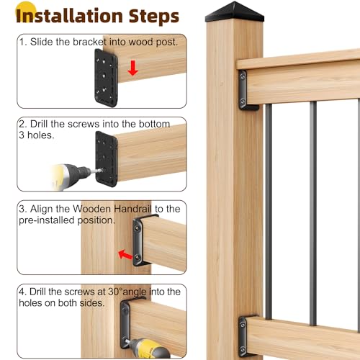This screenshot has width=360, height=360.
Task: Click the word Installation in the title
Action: click(x=66, y=16)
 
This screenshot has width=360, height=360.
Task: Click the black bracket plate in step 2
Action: click(x=105, y=153)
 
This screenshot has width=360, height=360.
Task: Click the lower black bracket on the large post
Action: click(x=247, y=333)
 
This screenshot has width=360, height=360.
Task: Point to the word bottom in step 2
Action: click(x=149, y=124)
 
